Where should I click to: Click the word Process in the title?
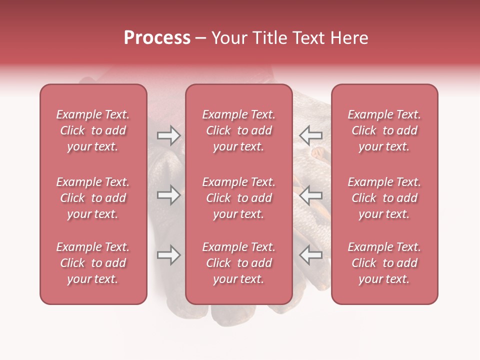pyautogui.click(x=157, y=38)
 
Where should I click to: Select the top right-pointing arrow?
pyautogui.click(x=168, y=135)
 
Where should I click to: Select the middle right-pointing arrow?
pyautogui.click(x=168, y=195)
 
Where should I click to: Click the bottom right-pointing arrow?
pyautogui.click(x=168, y=255)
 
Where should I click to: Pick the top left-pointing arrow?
pyautogui.click(x=310, y=135)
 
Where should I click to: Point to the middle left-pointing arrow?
pyautogui.click(x=310, y=195)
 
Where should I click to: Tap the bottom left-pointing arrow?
pyautogui.click(x=310, y=255)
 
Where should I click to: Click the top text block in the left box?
pyautogui.click(x=93, y=130)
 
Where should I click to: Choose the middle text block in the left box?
pyautogui.click(x=93, y=198)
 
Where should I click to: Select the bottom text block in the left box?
pyautogui.click(x=93, y=263)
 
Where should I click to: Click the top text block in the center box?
pyautogui.click(x=238, y=130)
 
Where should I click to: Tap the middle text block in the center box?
pyautogui.click(x=238, y=198)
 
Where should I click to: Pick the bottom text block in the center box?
pyautogui.click(x=238, y=263)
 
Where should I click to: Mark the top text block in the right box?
pyautogui.click(x=384, y=130)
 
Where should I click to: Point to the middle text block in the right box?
pyautogui.click(x=384, y=198)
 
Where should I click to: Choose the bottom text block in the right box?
pyautogui.click(x=384, y=263)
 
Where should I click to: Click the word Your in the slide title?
pyautogui.click(x=227, y=38)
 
